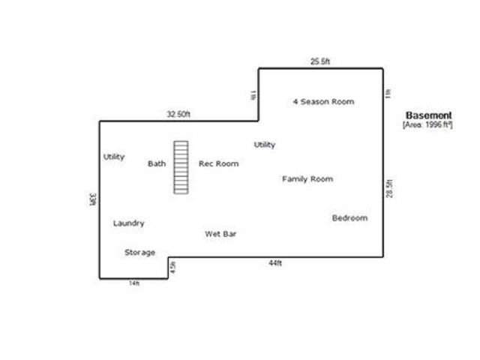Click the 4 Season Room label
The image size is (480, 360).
322,101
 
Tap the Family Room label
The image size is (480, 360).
307,179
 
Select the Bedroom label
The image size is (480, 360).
349,218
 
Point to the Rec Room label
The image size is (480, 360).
218,163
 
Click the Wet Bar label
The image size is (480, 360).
220,234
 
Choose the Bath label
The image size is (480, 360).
157,163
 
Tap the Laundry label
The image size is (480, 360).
128,223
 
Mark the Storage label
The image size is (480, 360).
139,253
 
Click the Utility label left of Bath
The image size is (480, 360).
114,157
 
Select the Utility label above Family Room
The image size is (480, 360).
264,145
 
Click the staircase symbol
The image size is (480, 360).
180,167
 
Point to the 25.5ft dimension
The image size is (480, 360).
321,61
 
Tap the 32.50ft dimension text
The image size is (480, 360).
178,114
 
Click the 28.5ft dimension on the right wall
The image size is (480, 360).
389,188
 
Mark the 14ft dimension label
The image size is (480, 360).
133,283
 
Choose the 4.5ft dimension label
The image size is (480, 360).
172,266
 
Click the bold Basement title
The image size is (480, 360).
428,115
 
